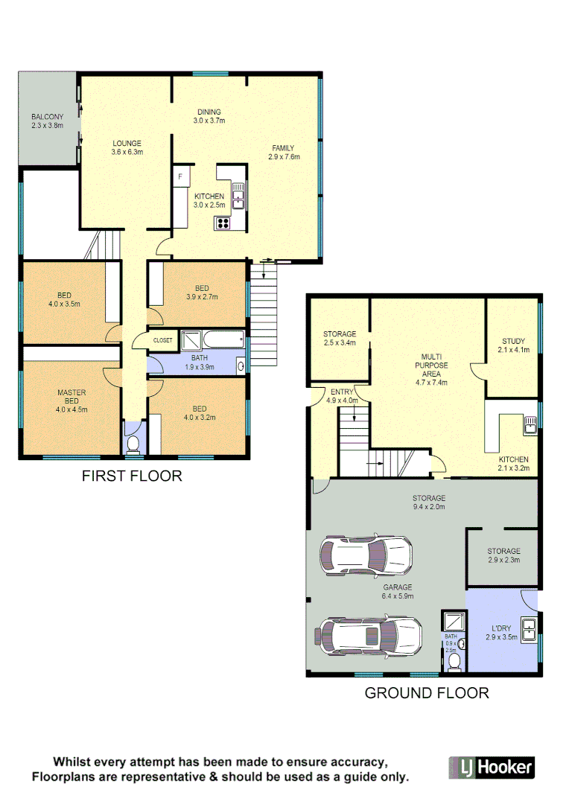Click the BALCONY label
[x=47, y=117]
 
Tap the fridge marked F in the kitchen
[x=179, y=177]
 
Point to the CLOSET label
[x=162, y=340]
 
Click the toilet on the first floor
[x=133, y=444]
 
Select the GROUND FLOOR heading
[x=426, y=693]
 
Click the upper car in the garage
[x=366, y=555]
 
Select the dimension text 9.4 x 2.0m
[x=429, y=507]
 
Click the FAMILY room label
[x=284, y=147]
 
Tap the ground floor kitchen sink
[x=530, y=425]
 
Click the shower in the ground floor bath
[x=452, y=622]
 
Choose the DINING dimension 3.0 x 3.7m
[x=209, y=121]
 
